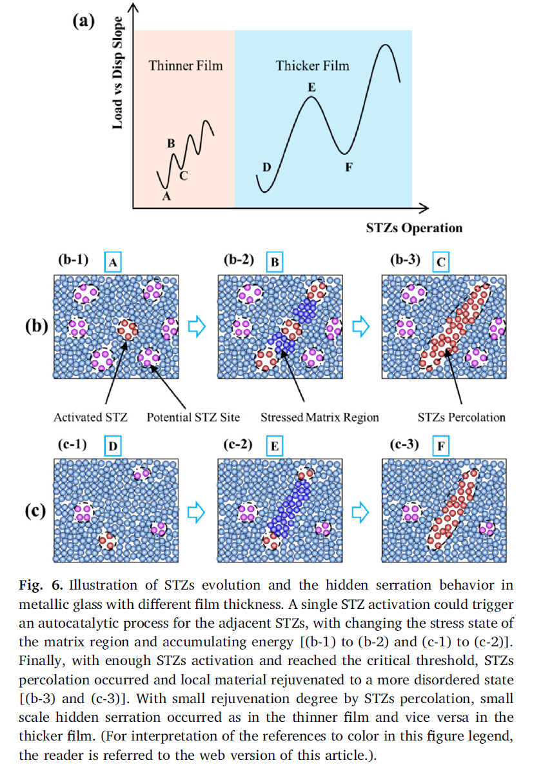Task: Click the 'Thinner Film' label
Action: [185, 66]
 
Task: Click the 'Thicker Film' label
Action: [312, 66]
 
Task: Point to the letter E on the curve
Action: [311, 86]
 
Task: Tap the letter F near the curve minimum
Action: [349, 167]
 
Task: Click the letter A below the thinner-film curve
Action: [166, 197]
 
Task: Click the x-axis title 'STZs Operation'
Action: [414, 228]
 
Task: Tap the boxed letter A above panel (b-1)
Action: [113, 263]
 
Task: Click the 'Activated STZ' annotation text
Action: [90, 417]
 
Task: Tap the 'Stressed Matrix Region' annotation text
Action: [320, 417]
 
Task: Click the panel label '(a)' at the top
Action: [83, 21]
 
